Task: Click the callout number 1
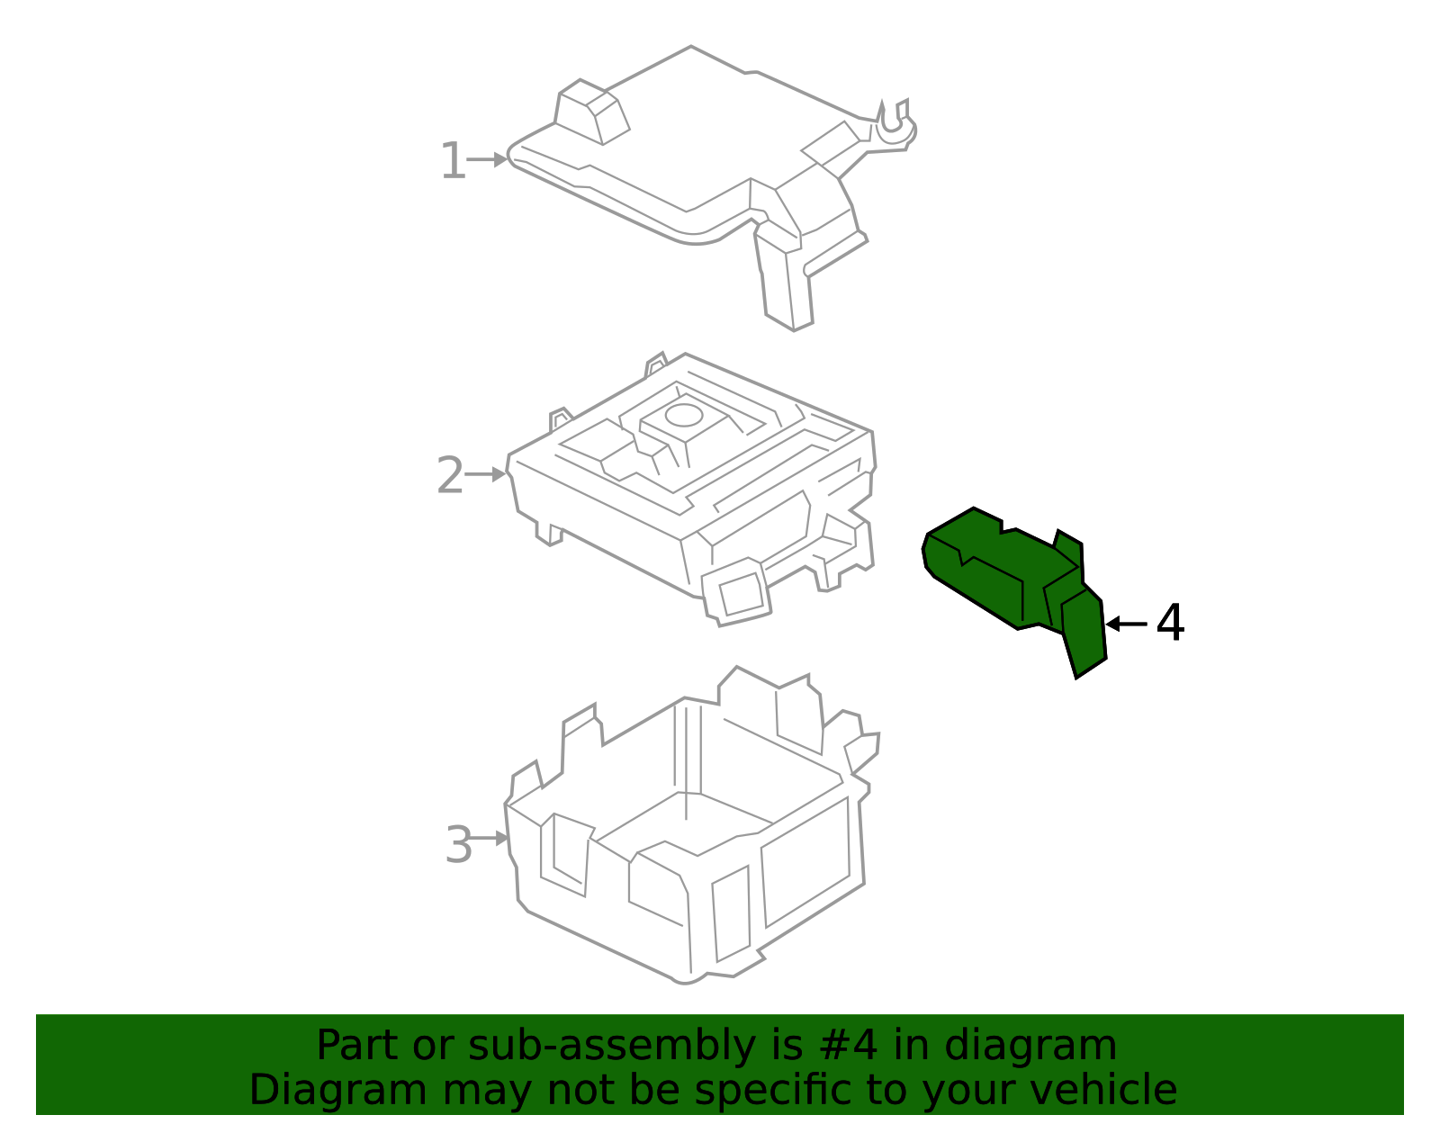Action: click(x=453, y=162)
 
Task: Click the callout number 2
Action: click(x=450, y=476)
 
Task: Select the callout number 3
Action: click(x=458, y=846)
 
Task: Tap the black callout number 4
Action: click(x=1170, y=624)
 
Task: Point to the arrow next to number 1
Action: click(x=488, y=160)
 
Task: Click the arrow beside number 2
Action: click(x=486, y=474)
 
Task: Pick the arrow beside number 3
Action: click(x=490, y=839)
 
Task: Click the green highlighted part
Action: click(x=999, y=576)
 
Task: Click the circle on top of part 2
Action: click(x=682, y=415)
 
